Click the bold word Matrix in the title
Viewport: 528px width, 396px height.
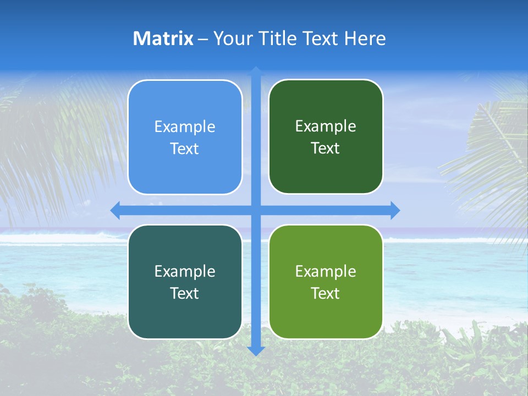pos(163,38)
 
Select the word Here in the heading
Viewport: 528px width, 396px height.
pos(365,38)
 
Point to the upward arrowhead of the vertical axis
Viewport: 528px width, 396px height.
pos(256,71)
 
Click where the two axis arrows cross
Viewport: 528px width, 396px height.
pos(256,210)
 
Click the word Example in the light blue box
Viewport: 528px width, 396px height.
pos(185,127)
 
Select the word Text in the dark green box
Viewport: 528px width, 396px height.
pos(326,148)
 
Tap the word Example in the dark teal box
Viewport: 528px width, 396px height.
pos(185,272)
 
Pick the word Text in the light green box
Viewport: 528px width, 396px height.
pos(326,293)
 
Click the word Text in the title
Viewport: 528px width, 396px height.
pos(320,38)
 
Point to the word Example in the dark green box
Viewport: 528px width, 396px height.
pos(326,127)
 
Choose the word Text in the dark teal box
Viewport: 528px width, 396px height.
pos(185,293)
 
